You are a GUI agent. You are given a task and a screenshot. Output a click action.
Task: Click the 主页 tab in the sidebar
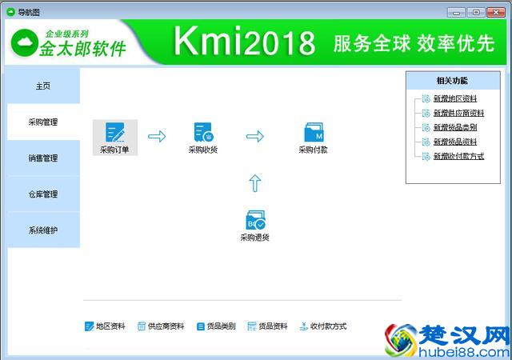(x=43, y=86)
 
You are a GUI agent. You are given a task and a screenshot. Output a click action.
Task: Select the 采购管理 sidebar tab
(x=43, y=122)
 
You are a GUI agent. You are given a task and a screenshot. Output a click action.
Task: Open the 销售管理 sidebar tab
(x=43, y=158)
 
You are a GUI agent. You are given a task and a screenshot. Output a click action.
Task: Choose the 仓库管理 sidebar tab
(x=43, y=194)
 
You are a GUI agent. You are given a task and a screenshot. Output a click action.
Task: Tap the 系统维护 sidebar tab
(x=43, y=230)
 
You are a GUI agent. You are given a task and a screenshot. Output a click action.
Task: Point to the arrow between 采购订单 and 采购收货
(x=158, y=137)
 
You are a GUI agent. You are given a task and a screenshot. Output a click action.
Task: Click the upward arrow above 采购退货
(x=254, y=183)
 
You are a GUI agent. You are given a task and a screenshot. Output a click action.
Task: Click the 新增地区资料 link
(x=454, y=99)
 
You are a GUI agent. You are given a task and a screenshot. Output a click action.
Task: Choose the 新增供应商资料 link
(x=458, y=114)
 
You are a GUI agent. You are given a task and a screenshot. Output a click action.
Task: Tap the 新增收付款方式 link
(x=458, y=157)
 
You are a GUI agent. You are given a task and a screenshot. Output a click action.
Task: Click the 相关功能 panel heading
(x=452, y=81)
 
